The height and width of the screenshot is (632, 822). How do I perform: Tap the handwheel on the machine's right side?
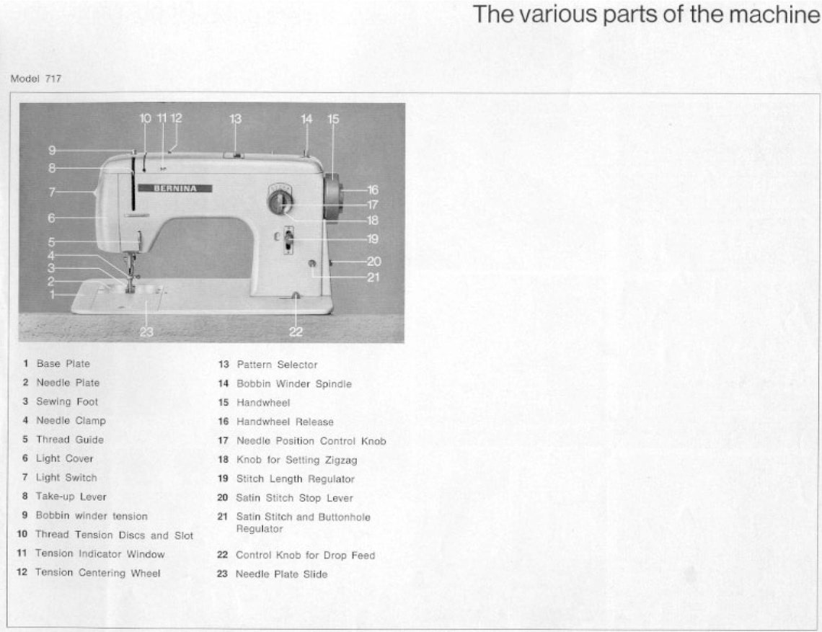click(332, 196)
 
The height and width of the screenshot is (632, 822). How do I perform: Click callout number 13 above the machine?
click(236, 119)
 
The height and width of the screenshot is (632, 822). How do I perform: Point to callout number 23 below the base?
click(147, 332)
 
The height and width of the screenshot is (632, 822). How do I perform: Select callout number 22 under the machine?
click(296, 331)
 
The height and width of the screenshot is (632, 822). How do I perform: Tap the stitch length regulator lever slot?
click(288, 242)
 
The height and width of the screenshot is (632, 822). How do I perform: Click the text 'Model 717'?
click(36, 79)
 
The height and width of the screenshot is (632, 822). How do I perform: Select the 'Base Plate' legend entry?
click(63, 364)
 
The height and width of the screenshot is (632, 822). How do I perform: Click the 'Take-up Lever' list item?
click(71, 497)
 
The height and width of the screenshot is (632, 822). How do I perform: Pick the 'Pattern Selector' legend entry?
click(277, 365)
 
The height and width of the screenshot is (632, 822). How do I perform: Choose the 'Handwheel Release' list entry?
click(285, 422)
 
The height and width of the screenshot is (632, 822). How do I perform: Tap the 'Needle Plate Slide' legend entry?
click(281, 574)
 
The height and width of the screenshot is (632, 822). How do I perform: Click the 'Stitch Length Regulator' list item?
click(296, 479)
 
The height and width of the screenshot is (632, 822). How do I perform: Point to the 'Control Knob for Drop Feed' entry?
click(305, 556)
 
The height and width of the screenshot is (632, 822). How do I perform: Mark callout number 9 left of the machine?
click(52, 150)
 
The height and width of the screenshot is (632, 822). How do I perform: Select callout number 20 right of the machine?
click(374, 262)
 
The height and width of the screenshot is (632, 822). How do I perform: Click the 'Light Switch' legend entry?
click(66, 477)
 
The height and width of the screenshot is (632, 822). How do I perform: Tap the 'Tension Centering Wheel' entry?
click(97, 573)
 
